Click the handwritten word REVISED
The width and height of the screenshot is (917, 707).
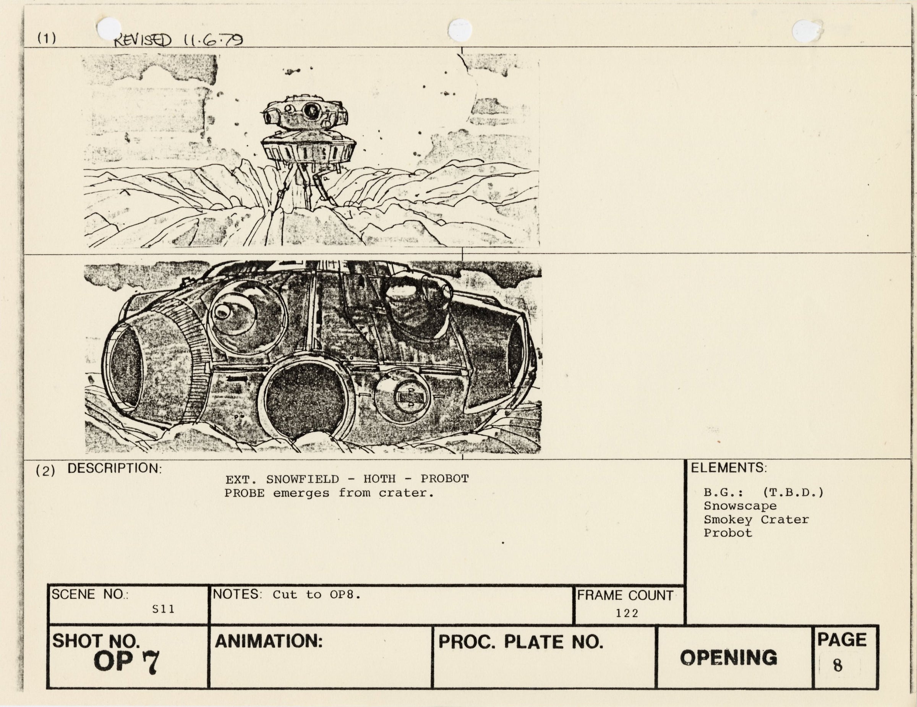point(143,40)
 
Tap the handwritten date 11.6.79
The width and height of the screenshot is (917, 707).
point(213,39)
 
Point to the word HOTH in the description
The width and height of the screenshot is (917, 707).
point(379,478)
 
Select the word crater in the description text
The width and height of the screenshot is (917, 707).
point(407,493)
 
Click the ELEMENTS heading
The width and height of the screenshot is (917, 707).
point(729,468)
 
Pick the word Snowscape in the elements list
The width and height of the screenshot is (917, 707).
point(740,506)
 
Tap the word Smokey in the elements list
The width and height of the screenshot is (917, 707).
point(728,520)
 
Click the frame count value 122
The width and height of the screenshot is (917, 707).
point(627,613)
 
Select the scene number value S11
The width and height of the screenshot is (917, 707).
point(163,609)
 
